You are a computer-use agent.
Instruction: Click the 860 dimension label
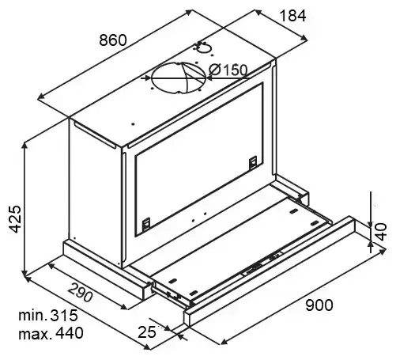click(113, 40)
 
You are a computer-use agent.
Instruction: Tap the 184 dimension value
click(292, 16)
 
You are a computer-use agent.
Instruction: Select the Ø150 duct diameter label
click(228, 70)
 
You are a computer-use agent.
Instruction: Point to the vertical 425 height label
click(15, 219)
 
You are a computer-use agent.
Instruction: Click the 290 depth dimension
click(81, 292)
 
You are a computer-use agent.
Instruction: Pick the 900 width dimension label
click(319, 305)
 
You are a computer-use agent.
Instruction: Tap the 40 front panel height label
click(381, 232)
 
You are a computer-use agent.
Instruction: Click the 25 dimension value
click(147, 332)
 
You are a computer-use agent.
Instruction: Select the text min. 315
click(48, 315)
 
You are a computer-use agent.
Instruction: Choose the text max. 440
click(51, 333)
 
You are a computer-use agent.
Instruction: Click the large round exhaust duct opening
click(178, 78)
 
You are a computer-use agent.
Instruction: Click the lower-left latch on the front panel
click(146, 224)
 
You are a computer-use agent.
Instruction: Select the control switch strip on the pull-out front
click(262, 264)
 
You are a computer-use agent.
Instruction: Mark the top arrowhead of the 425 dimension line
click(25, 146)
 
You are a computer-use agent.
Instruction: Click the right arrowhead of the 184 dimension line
click(304, 39)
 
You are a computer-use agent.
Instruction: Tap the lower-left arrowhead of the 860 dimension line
click(41, 97)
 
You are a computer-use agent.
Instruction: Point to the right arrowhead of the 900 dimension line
click(383, 251)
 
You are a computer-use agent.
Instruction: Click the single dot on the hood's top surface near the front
click(133, 123)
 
